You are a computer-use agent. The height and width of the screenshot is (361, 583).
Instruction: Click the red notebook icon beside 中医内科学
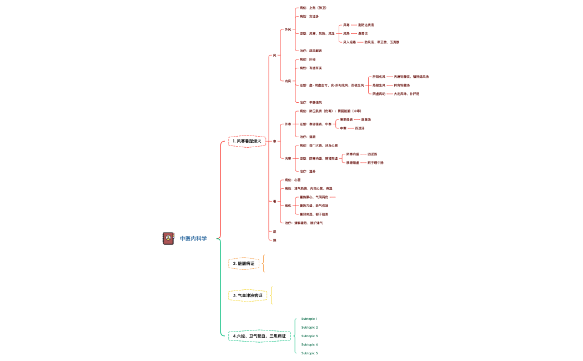point(168,238)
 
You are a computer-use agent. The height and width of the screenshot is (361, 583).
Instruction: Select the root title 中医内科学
point(193,239)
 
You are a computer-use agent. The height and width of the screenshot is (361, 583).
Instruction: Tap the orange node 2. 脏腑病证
point(244,263)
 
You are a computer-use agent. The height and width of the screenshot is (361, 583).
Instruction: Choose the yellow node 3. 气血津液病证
point(248,295)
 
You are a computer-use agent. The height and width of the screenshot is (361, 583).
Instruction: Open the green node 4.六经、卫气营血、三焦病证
point(259,335)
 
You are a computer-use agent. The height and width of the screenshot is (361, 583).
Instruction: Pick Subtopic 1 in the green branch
point(309,319)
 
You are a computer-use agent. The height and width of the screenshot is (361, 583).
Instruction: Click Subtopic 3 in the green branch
point(309,336)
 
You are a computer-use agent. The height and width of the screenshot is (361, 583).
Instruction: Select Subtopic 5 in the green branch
point(309,353)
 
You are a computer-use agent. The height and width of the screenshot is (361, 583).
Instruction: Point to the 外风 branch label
point(288,29)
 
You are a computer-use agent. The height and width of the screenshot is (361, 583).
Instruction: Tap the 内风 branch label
point(288,81)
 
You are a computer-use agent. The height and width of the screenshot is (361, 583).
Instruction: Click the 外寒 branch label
point(288,124)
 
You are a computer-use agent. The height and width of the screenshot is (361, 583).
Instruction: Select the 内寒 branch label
point(288,158)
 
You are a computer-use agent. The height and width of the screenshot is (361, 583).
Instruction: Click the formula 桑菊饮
point(363,33)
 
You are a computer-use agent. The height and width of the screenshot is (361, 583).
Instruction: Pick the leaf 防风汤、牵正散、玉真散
point(381,42)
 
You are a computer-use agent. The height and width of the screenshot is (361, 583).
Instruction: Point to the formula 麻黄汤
point(366,119)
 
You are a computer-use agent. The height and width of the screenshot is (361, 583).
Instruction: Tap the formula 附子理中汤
point(375,163)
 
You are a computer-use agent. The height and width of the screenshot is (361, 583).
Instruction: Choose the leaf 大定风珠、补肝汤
point(406,94)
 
